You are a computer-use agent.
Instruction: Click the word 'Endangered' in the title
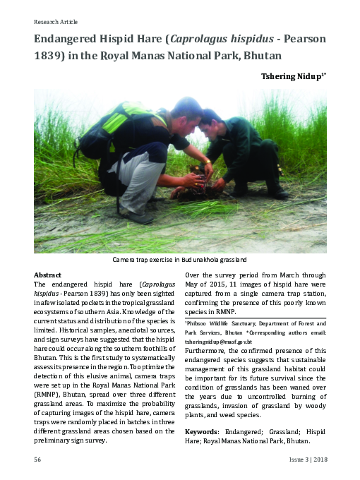click(68, 40)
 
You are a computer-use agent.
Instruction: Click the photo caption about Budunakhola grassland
click(180, 260)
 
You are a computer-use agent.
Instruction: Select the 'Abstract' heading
click(48, 274)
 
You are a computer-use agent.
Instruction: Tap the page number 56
click(37, 459)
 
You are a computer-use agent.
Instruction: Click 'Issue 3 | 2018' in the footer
click(308, 459)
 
